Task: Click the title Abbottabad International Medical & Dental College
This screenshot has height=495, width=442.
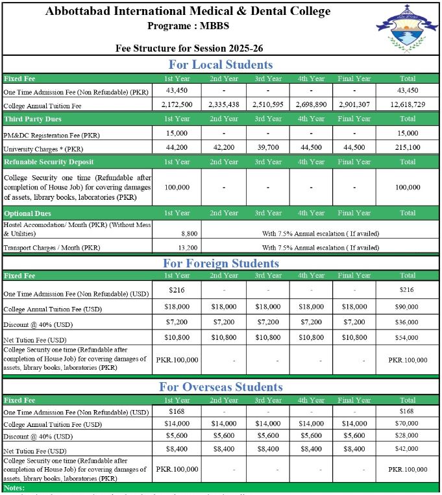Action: tap(188, 11)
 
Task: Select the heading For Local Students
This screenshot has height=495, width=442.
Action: tap(220, 64)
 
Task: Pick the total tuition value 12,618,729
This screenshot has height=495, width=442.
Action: tap(408, 104)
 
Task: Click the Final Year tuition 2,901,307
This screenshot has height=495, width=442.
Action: tap(354, 104)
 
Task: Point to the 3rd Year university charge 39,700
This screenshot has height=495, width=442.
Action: tap(267, 147)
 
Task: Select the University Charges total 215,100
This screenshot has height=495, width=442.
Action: tap(408, 147)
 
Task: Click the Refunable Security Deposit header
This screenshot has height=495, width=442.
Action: tap(49, 162)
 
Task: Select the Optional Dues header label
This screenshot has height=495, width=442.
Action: tap(27, 213)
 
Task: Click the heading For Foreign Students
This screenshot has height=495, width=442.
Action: tap(220, 263)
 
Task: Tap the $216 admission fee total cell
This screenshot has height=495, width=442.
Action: tap(408, 290)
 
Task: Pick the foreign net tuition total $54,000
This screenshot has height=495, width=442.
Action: tap(408, 338)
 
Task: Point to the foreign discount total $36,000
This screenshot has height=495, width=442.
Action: tap(408, 322)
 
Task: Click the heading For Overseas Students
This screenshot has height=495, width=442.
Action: tap(220, 387)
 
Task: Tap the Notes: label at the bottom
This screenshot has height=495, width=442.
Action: tap(14, 487)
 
